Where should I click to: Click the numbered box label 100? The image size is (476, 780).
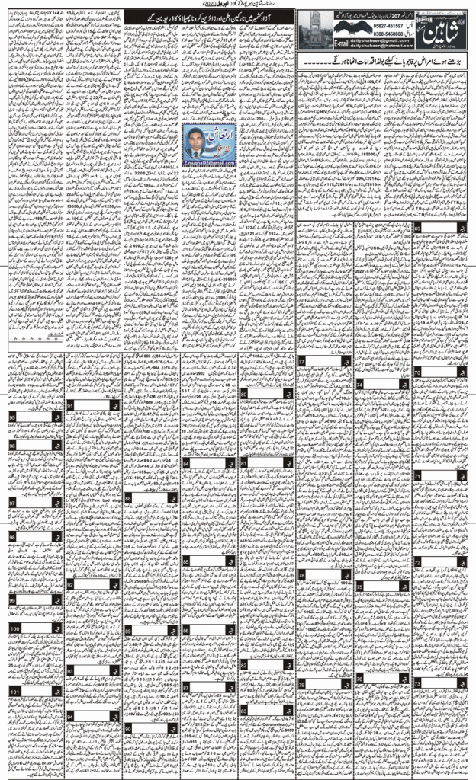tap(15, 628)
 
